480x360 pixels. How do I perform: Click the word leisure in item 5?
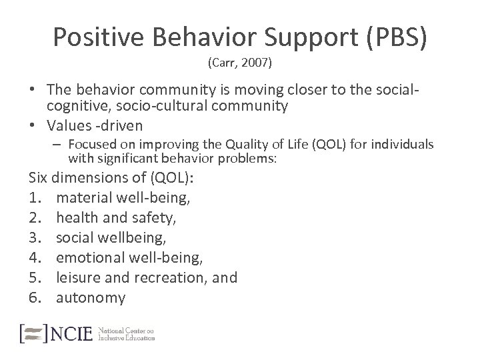click(77, 277)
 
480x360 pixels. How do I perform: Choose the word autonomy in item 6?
click(91, 297)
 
